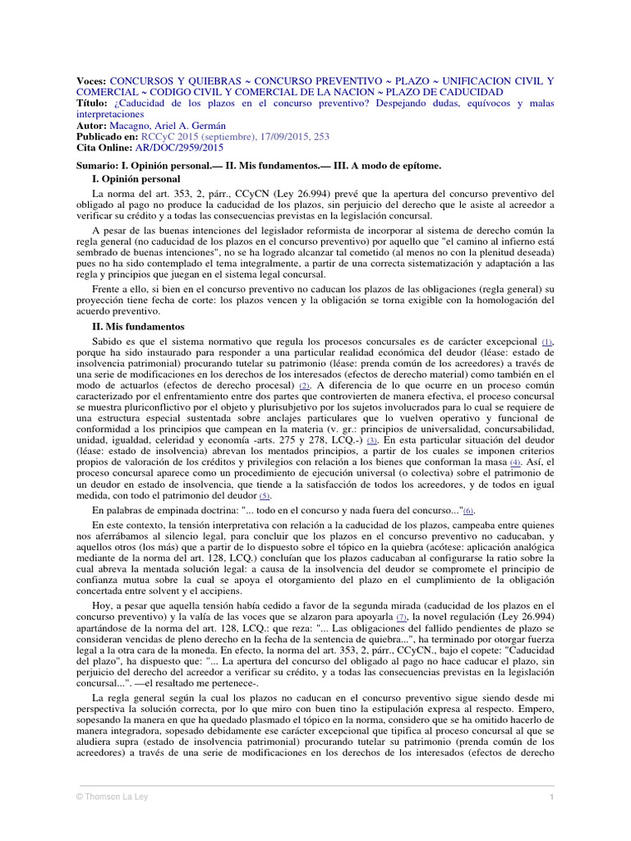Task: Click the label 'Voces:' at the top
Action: click(92, 82)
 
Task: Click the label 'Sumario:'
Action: click(103, 166)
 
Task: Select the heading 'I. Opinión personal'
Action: click(136, 178)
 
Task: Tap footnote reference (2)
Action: click(303, 385)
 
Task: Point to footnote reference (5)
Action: click(265, 496)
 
